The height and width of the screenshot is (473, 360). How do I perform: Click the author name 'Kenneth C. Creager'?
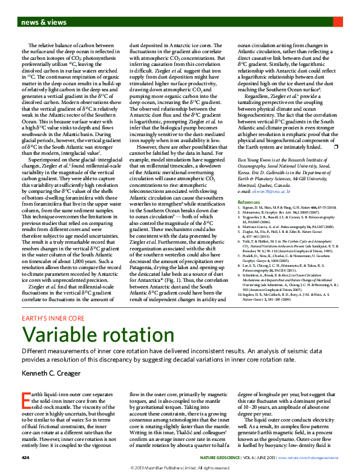pos(52,374)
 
